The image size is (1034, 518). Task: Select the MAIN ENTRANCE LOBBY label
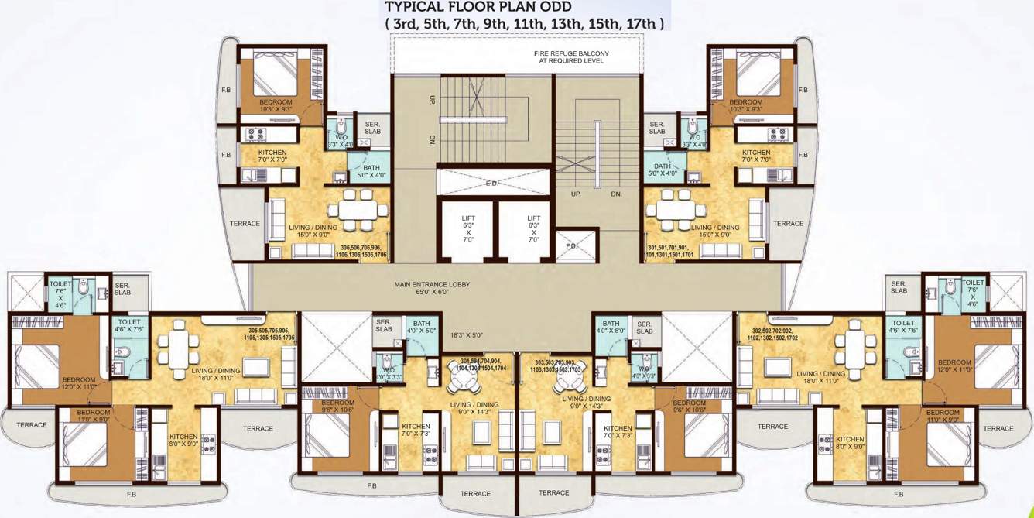(x=431, y=289)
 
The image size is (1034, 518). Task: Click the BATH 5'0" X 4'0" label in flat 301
(x=663, y=170)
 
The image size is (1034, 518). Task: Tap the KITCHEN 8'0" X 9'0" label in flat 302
(x=850, y=442)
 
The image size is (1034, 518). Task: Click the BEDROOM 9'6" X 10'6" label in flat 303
(x=689, y=407)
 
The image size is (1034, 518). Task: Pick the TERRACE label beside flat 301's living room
(x=788, y=224)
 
